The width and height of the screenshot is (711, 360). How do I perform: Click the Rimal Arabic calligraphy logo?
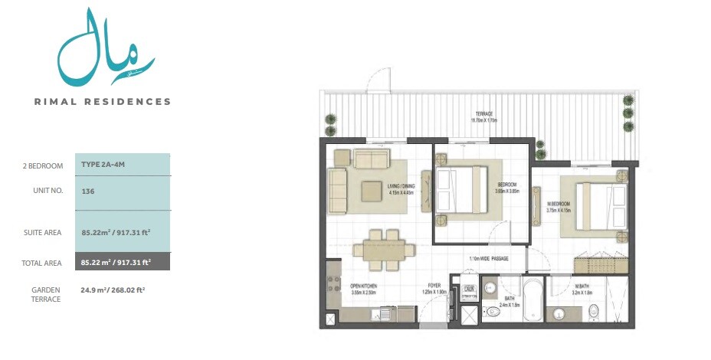[105, 48]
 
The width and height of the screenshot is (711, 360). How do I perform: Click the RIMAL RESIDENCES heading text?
[102, 101]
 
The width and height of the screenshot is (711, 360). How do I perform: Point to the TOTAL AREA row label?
[42, 263]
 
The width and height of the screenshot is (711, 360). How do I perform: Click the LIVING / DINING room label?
[401, 188]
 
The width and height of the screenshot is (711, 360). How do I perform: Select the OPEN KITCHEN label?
[364, 289]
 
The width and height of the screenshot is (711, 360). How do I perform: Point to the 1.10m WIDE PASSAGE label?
[489, 259]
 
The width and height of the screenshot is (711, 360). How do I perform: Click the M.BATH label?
[582, 289]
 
